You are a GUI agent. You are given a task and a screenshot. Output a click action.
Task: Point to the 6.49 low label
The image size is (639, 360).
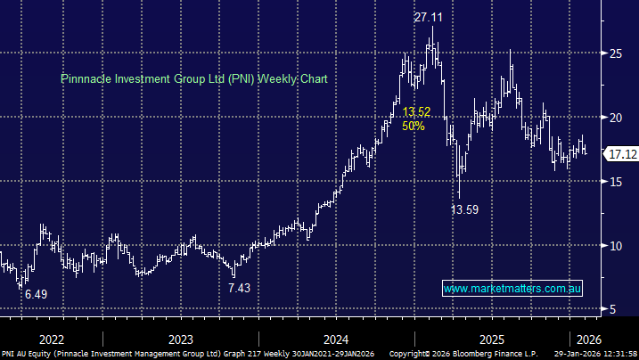[x=37, y=294]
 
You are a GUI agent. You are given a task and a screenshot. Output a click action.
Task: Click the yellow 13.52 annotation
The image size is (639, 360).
[x=415, y=111]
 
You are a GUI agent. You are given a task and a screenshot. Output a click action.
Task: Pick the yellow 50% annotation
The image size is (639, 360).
[x=413, y=126]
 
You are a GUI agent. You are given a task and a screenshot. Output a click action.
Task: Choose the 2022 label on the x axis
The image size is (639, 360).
[x=51, y=339]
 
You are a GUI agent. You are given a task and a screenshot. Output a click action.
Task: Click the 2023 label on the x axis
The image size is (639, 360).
[x=180, y=339]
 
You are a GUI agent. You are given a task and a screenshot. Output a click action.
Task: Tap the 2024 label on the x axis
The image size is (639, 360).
[x=335, y=339]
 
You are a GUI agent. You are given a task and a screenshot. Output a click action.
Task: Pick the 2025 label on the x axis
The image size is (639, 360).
[x=491, y=339]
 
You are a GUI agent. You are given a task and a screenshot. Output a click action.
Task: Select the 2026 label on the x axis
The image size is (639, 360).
[x=588, y=339]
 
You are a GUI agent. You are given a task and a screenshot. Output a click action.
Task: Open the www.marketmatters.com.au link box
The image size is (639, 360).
[x=512, y=289]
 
